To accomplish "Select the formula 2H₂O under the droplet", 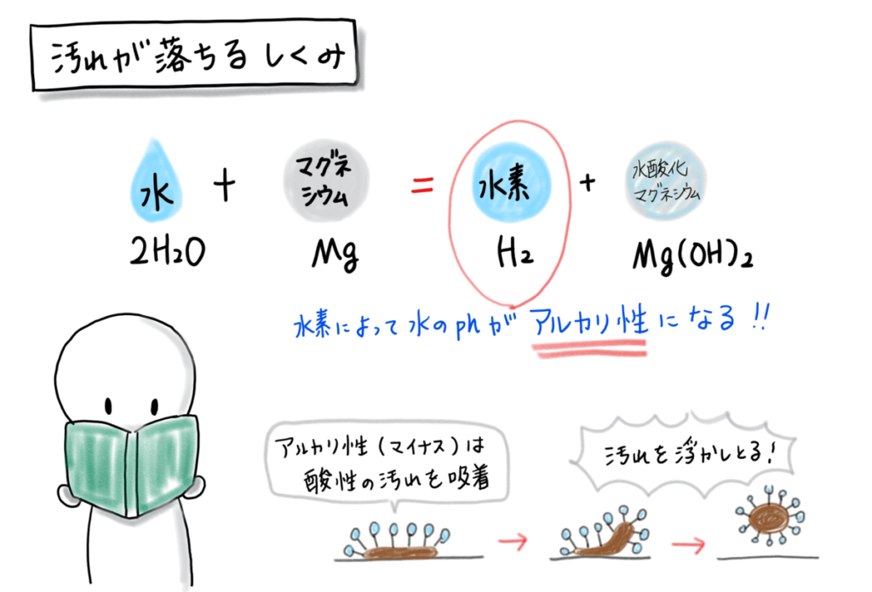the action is click(x=164, y=253).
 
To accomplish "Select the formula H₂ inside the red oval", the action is click(x=514, y=255).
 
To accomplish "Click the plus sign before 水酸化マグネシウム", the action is click(x=587, y=186).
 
